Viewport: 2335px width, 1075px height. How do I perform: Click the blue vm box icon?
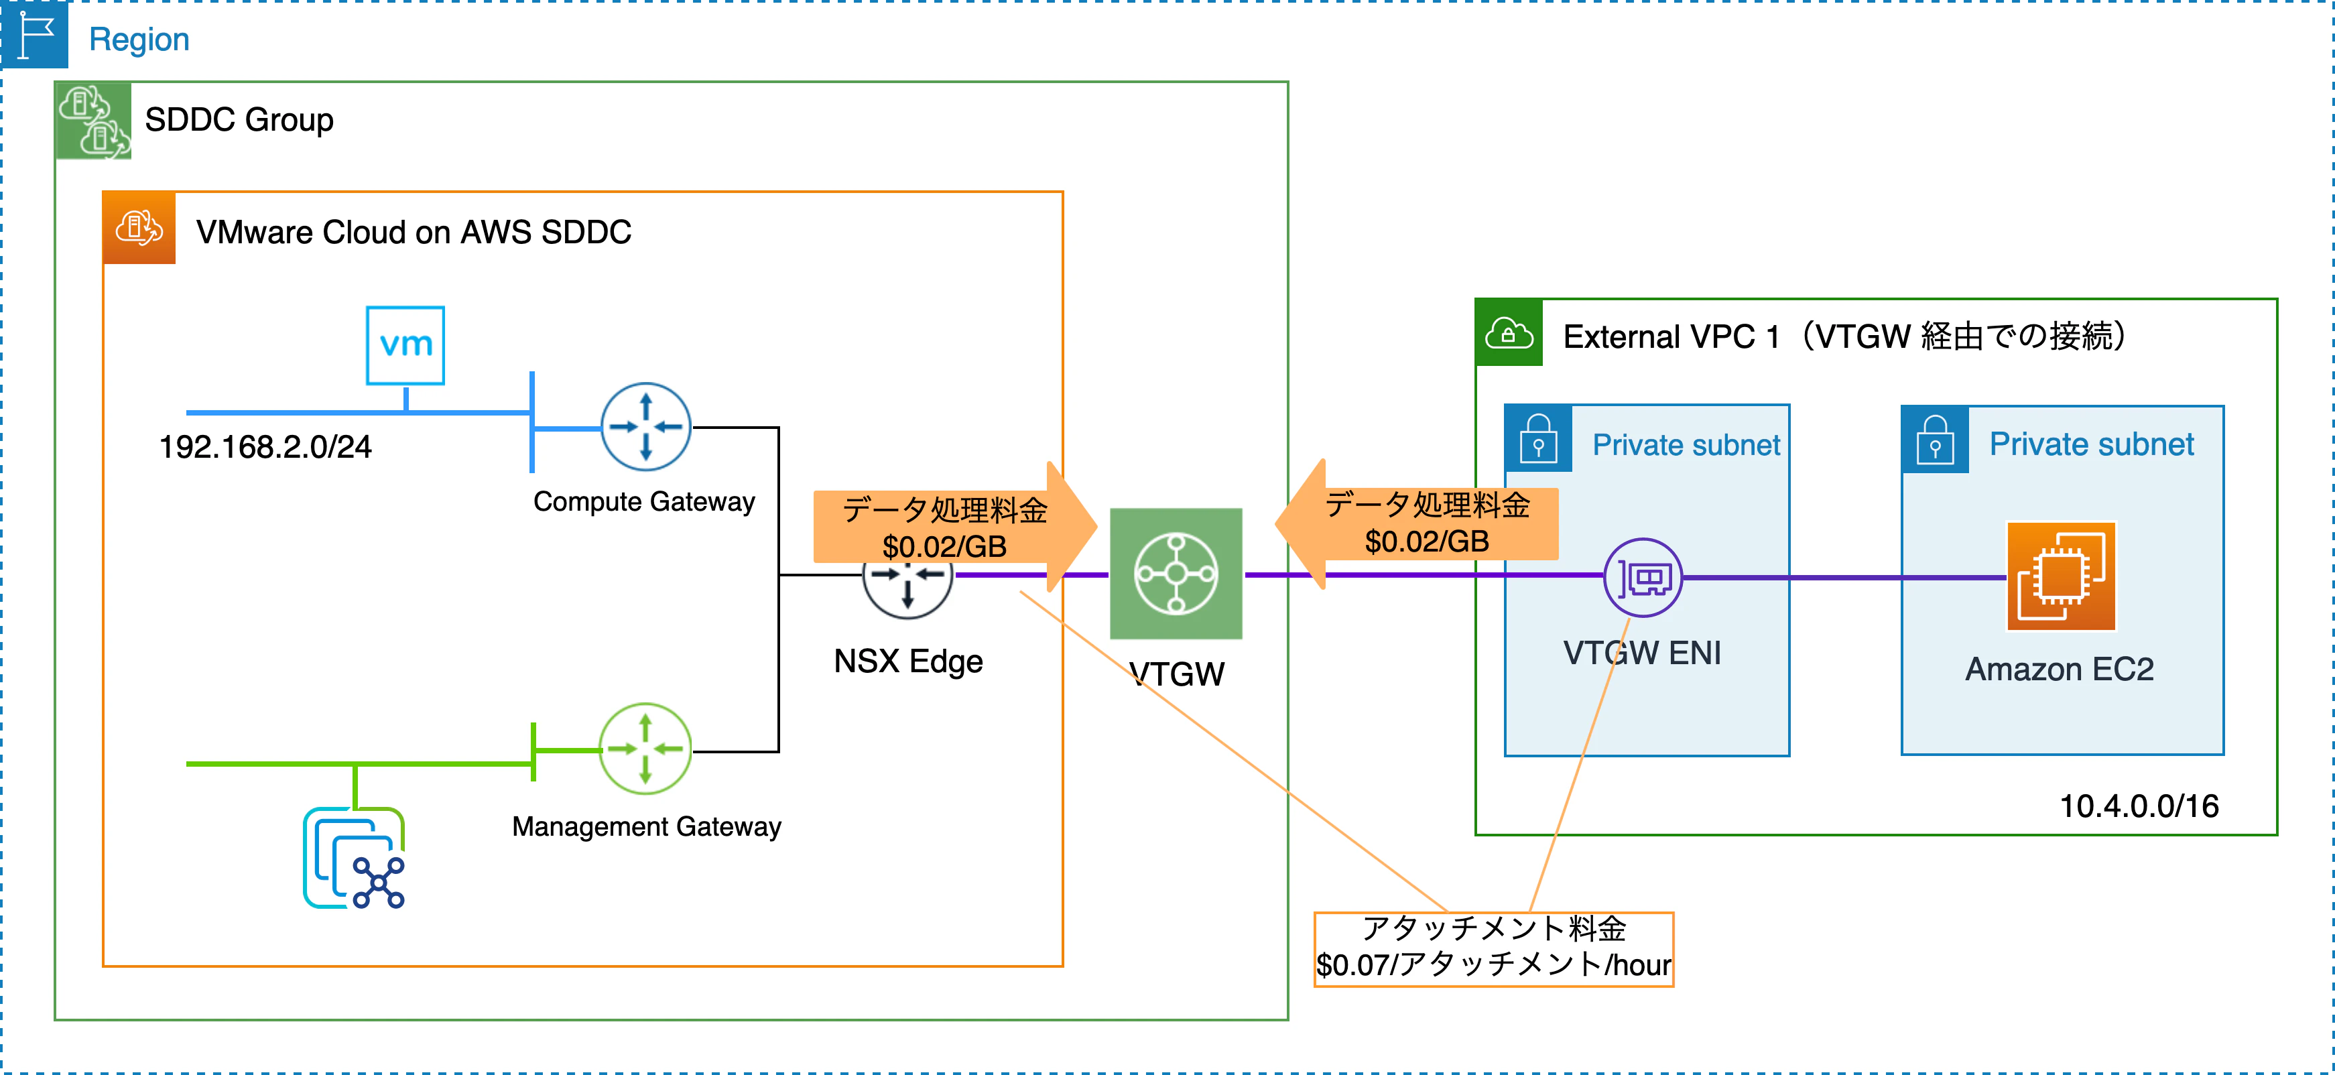tap(405, 345)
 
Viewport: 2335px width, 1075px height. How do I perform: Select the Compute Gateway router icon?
tap(645, 426)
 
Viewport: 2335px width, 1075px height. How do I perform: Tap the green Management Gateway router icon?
tap(645, 749)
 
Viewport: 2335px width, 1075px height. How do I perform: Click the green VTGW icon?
tap(1176, 574)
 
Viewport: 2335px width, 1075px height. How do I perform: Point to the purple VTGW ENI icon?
tap(1643, 578)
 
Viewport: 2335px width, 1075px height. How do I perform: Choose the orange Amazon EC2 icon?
tap(2062, 576)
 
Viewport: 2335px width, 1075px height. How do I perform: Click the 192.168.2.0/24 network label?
tap(265, 447)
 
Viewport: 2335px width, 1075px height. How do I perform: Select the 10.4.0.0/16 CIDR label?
tap(2139, 806)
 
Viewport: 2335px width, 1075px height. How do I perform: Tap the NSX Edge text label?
tap(908, 661)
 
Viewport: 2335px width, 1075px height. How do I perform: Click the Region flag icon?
tap(34, 34)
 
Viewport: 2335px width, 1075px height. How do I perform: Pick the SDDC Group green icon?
tap(93, 121)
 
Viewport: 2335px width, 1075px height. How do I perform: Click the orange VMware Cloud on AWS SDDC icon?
tap(139, 227)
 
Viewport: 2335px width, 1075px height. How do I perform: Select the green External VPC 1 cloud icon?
tap(1509, 332)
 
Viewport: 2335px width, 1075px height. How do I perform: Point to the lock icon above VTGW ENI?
tap(1538, 439)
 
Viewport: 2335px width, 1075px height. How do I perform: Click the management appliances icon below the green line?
tap(353, 857)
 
